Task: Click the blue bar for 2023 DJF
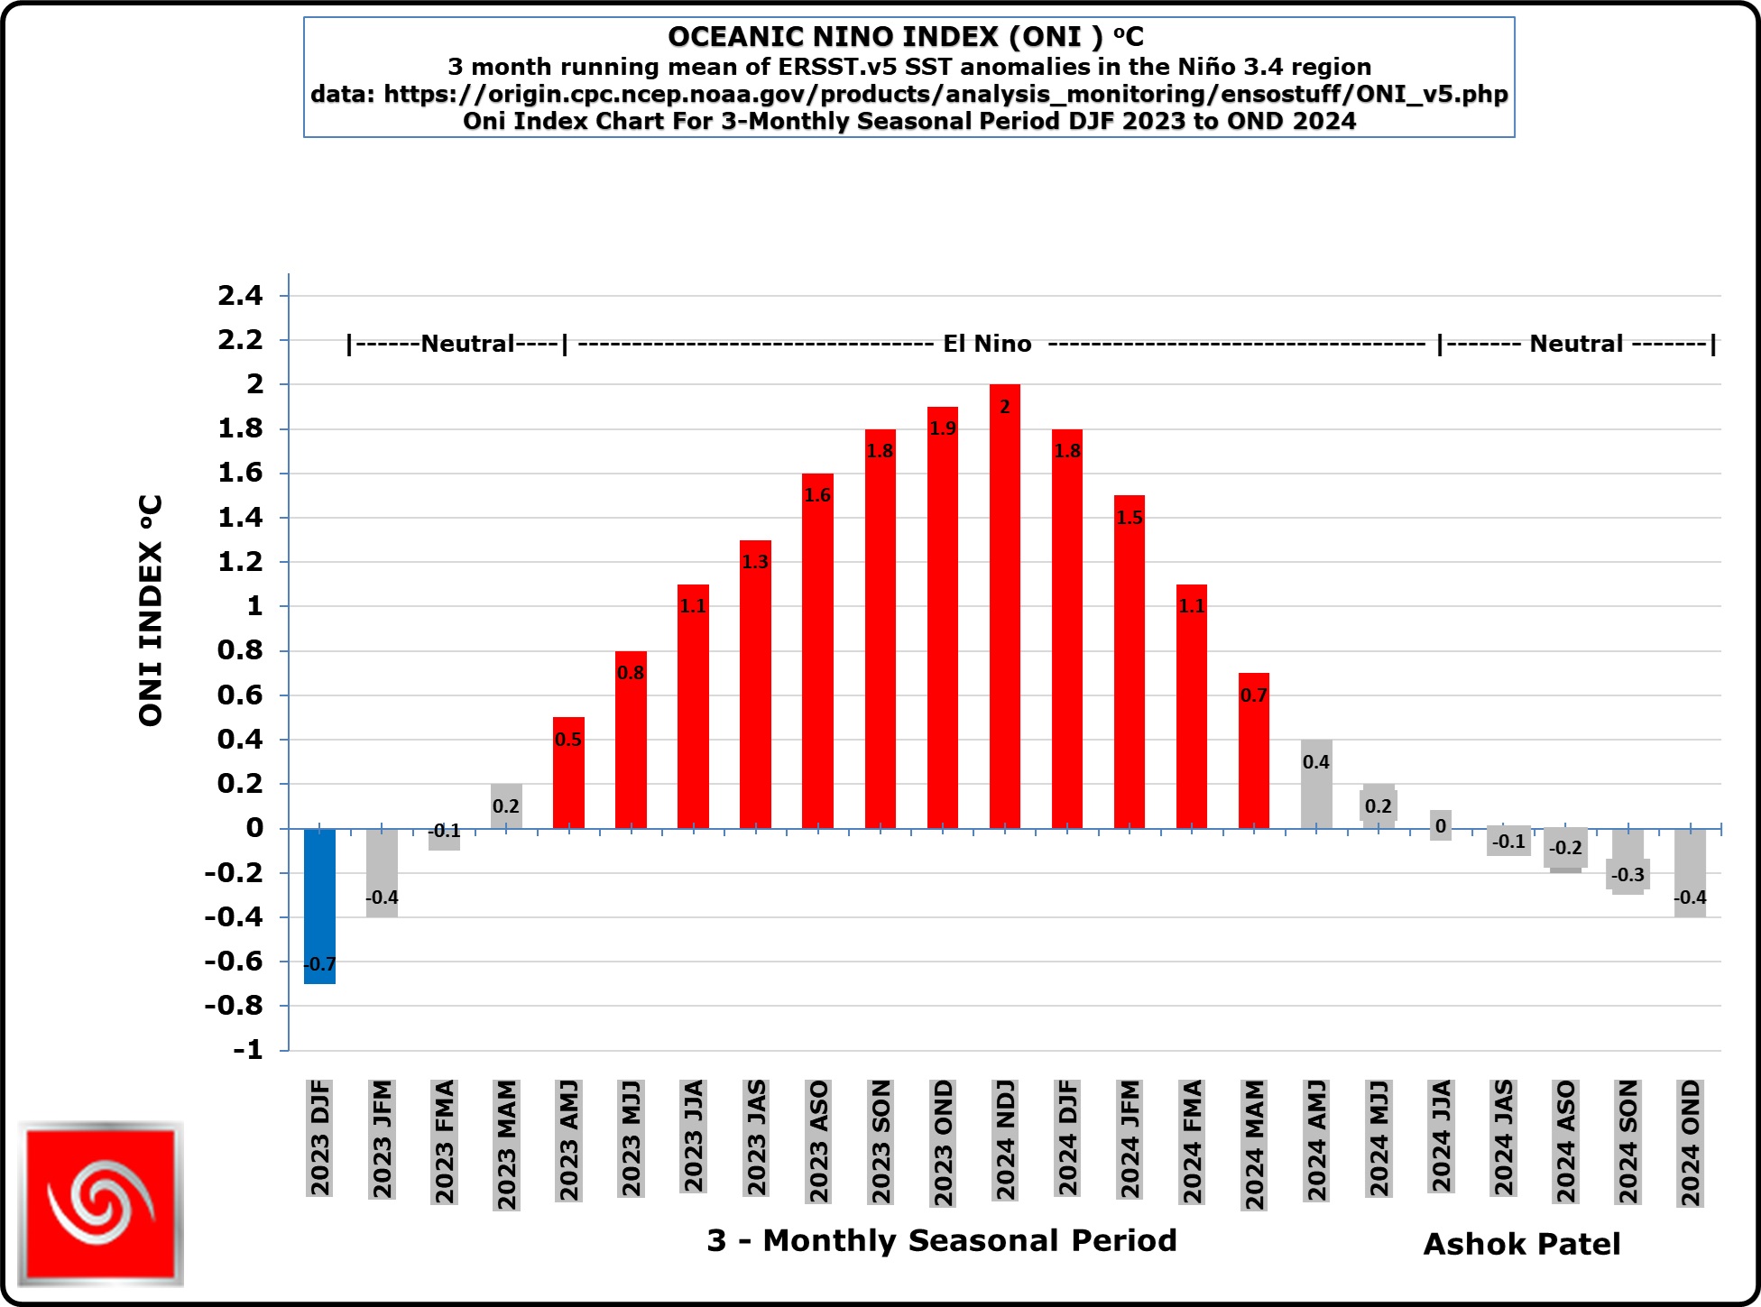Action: (319, 902)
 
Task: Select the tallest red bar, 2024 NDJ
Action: (1004, 613)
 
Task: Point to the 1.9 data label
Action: (943, 428)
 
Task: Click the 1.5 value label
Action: (1129, 518)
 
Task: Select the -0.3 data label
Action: (1627, 875)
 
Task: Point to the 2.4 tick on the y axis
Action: (240, 295)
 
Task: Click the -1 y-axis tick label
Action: (248, 1049)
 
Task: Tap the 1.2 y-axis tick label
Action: (240, 561)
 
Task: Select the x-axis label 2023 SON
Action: (880, 1141)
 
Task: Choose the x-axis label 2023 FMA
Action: (444, 1141)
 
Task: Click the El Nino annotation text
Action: (987, 344)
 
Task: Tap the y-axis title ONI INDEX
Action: (151, 610)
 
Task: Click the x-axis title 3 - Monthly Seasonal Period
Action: (942, 1240)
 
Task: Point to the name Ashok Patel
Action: (1522, 1244)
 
